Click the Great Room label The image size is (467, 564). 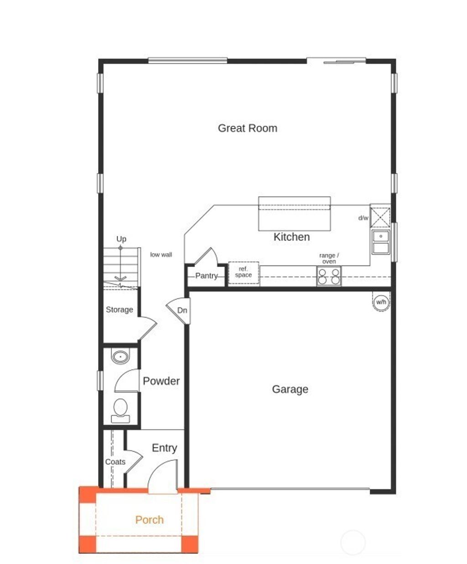247,128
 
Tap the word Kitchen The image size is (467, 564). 291,237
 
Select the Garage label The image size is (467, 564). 290,389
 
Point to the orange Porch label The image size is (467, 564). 149,520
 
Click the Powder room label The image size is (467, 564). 161,381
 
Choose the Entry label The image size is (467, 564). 164,448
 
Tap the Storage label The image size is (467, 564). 119,309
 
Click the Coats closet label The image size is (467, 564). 115,462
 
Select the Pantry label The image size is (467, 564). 206,276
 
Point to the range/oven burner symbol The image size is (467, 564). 329,276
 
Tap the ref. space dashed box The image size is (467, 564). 244,273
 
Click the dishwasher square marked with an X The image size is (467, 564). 380,217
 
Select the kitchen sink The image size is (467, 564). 380,242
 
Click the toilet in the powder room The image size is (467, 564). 120,408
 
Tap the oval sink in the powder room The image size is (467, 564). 120,356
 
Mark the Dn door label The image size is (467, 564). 182,310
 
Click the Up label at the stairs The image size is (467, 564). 121,239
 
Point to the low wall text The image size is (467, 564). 161,255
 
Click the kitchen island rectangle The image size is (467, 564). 295,214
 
